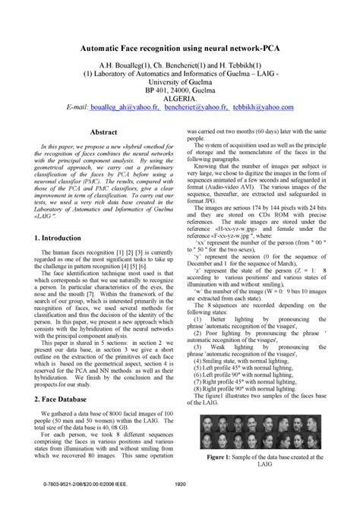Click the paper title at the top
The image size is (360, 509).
(180, 47)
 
